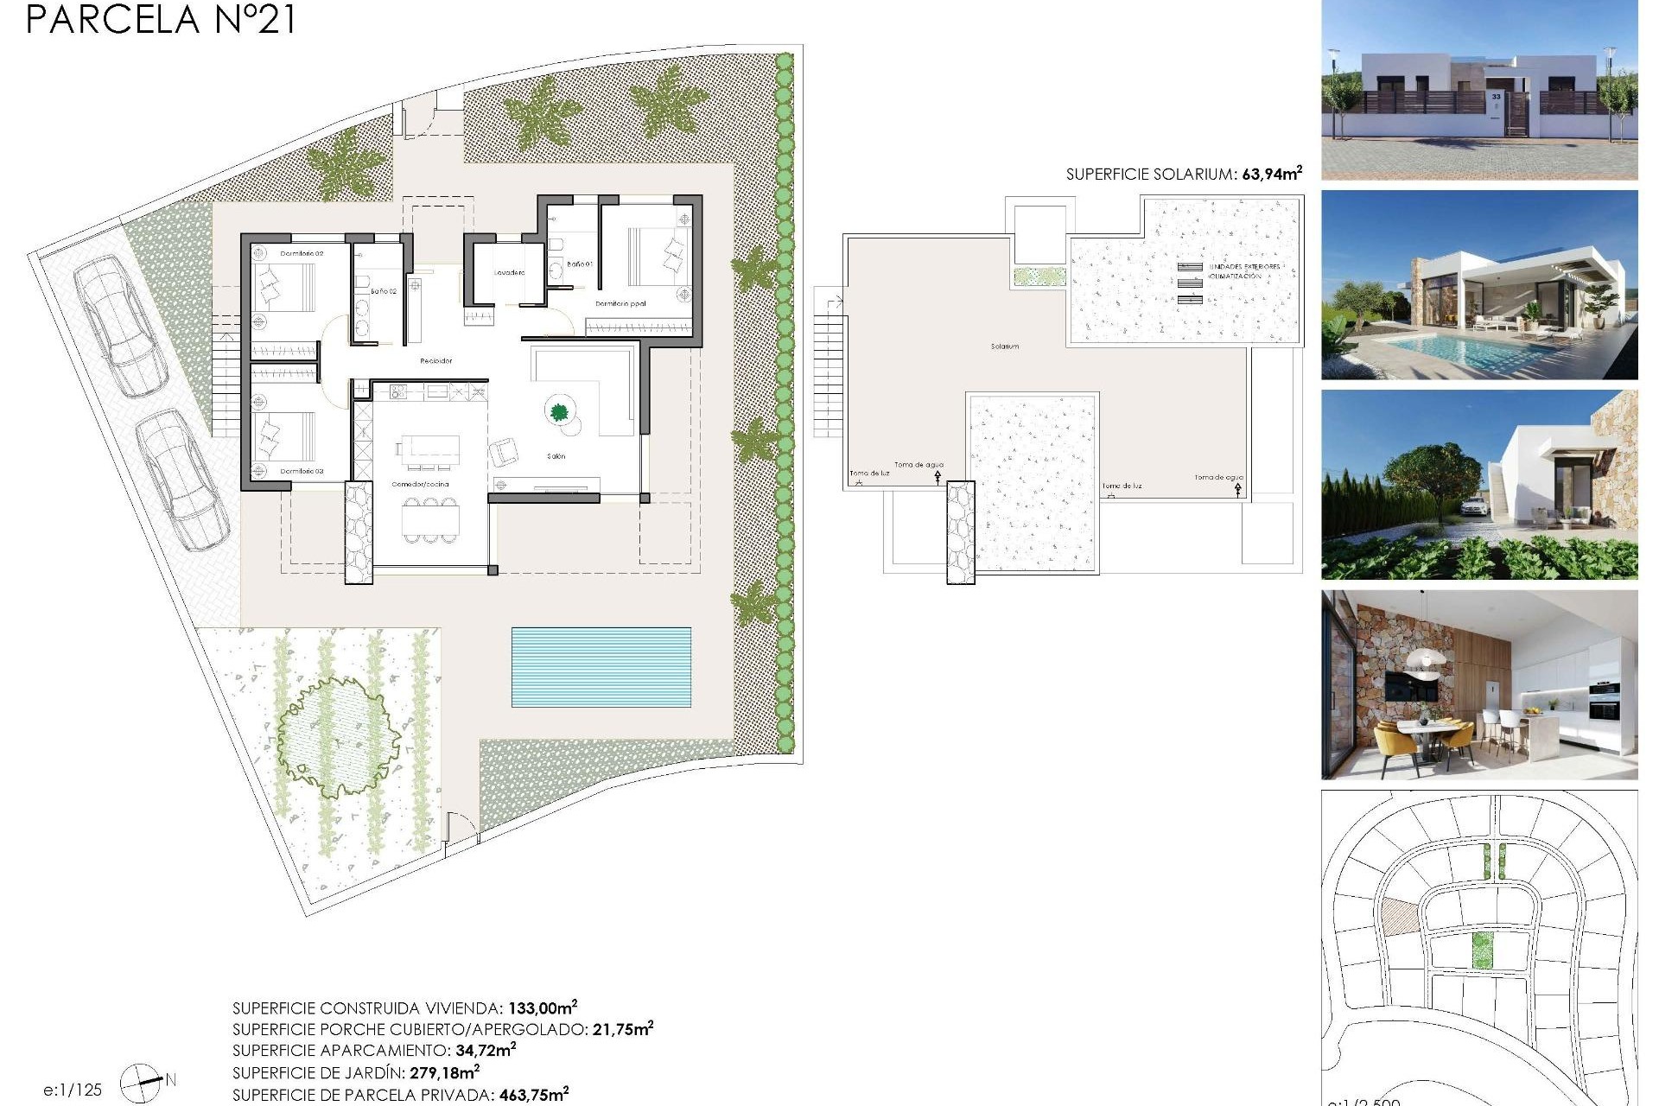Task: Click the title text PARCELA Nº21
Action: click(161, 19)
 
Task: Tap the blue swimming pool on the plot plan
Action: click(601, 666)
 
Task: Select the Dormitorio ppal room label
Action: click(620, 304)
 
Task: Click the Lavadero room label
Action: click(510, 273)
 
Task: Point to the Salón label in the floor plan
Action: click(556, 456)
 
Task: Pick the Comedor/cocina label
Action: click(421, 485)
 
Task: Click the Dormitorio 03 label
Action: click(302, 472)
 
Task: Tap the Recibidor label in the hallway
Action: click(435, 361)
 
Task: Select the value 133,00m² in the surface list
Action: click(542, 1007)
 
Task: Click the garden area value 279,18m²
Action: click(444, 1072)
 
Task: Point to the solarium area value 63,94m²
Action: click(1271, 174)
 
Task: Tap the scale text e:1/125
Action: click(73, 1090)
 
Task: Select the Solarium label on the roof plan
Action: click(1005, 346)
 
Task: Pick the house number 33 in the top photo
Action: click(1496, 98)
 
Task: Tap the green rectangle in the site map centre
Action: click(1482, 950)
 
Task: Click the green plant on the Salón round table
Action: click(559, 412)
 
